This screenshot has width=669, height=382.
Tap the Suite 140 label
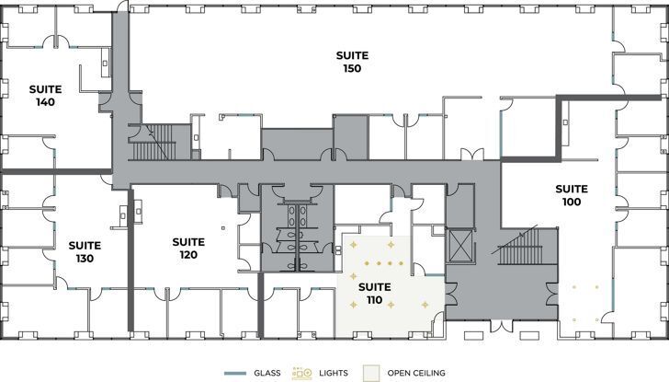pos(45,96)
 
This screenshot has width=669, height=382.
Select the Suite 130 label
pos(84,252)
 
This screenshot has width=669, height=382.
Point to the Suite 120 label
pos(188,249)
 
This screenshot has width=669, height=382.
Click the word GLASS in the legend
pos(266,373)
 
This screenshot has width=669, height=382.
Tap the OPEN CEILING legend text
pos(416,373)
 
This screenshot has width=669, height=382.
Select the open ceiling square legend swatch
pos(371,373)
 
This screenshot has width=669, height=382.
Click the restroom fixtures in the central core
pos(297,226)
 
